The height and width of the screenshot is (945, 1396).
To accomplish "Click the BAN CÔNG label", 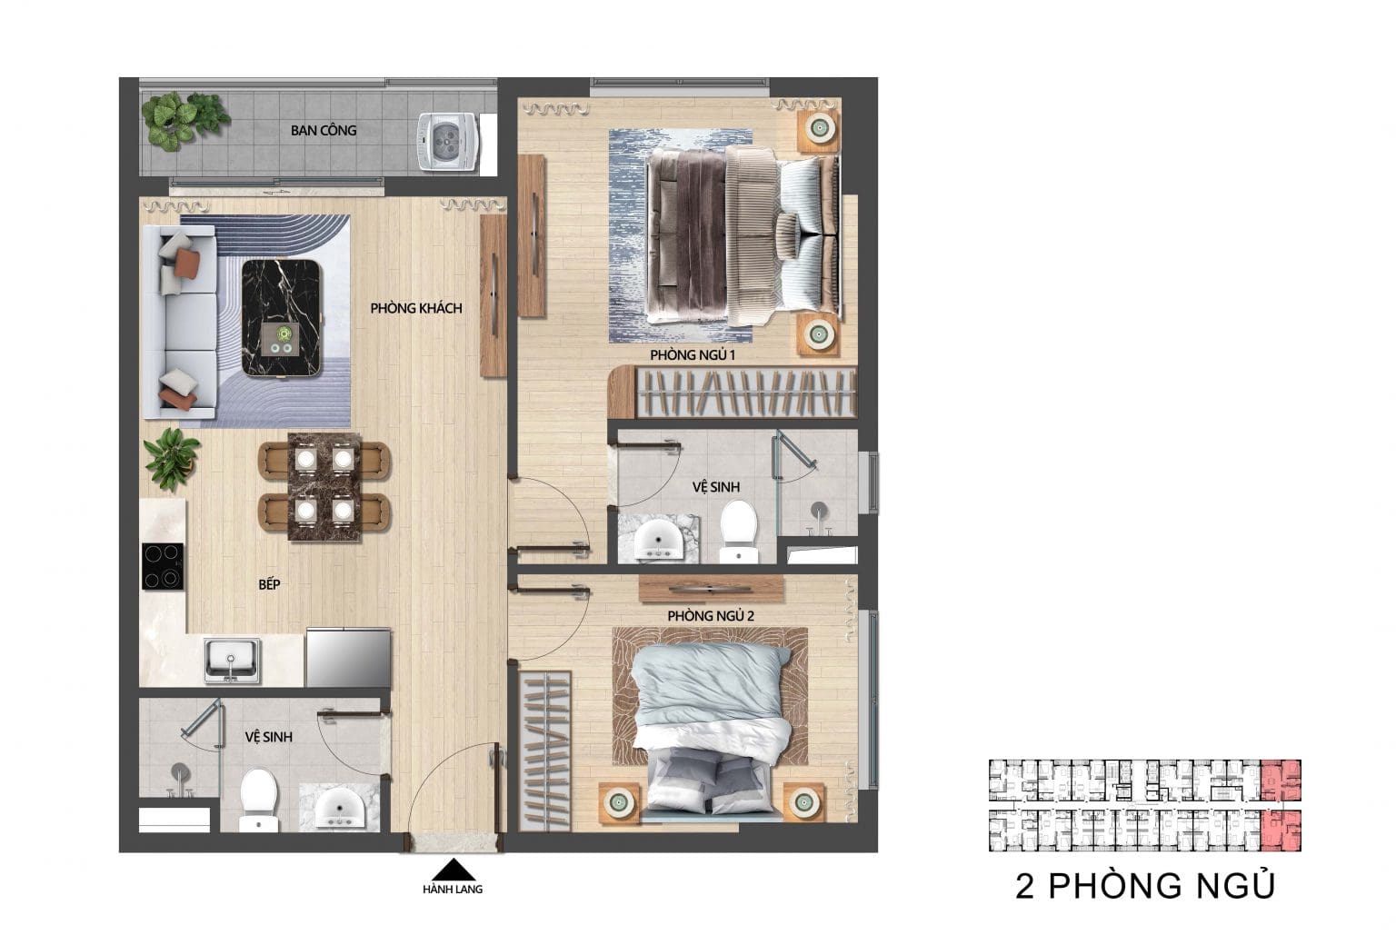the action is tap(324, 130).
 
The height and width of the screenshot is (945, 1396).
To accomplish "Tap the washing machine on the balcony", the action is tap(447, 142).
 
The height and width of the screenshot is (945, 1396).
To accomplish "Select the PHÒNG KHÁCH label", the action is tap(416, 308).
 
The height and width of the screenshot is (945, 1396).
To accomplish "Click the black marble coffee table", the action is tap(283, 318).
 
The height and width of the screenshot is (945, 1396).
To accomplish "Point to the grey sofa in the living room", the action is tap(179, 322).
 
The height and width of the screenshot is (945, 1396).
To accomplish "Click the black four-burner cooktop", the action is tap(163, 566).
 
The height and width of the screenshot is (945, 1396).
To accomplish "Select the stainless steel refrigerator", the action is tap(348, 658).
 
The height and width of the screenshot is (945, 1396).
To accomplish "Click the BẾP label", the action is tap(269, 584).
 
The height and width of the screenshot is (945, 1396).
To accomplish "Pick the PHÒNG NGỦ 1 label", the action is tap(693, 355).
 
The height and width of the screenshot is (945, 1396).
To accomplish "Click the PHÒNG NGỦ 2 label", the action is tap(711, 616).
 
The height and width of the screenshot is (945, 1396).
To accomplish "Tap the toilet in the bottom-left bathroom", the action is tap(259, 800).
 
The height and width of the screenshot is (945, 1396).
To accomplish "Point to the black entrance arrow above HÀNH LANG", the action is tap(454, 869).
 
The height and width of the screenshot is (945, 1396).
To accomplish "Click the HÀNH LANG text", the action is tap(454, 890).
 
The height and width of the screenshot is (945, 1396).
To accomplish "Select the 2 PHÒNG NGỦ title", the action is tap(1145, 886).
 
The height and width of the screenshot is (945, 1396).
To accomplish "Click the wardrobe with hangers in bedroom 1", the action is tap(733, 393).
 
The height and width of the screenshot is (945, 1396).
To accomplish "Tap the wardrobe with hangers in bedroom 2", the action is tap(544, 751).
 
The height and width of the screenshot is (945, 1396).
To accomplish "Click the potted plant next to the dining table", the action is tap(172, 459).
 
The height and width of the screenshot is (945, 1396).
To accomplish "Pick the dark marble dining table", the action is tap(324, 487).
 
